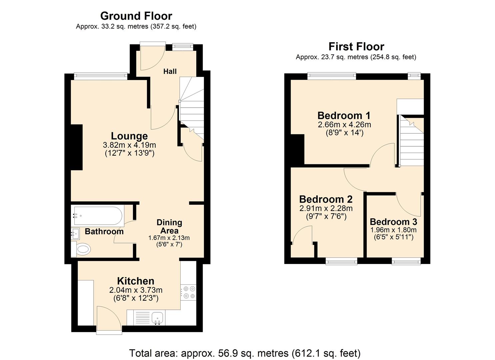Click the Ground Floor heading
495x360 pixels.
click(136, 16)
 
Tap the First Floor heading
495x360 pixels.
click(356, 47)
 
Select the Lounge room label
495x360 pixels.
click(129, 136)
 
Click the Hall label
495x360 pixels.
click(170, 71)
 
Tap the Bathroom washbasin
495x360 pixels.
click(75, 234)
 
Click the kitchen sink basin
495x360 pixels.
click(157, 317)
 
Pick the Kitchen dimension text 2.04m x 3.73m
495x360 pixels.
click(136, 290)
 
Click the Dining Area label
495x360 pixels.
click(169, 226)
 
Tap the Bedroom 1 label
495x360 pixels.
click(344, 116)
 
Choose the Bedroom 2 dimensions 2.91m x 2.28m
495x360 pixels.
click(326, 208)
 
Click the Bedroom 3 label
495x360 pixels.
click(393, 222)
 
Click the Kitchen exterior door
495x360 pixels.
click(109, 320)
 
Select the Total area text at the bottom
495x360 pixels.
click(245, 353)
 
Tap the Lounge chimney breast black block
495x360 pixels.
click(77, 147)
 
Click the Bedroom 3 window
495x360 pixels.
click(406, 261)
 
